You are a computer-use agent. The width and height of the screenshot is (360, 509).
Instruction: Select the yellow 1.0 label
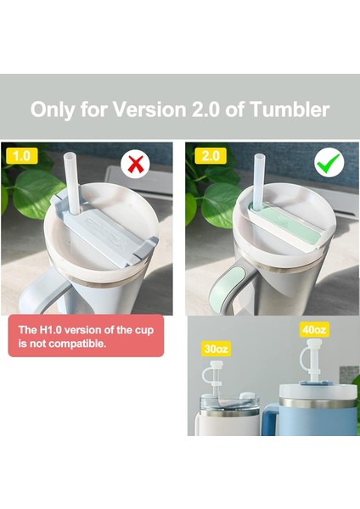(x=23, y=156)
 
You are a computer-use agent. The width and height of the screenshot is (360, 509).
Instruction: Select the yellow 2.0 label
(x=210, y=157)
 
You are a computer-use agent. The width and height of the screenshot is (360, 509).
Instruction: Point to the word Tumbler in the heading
(x=285, y=109)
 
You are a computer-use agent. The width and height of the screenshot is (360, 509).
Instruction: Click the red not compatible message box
(x=85, y=337)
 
